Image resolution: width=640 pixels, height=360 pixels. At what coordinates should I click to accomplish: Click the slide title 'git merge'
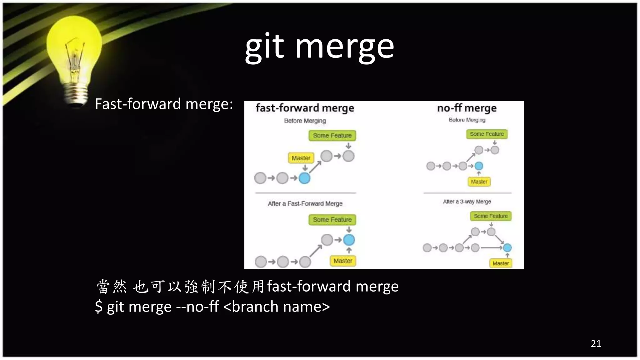(x=319, y=47)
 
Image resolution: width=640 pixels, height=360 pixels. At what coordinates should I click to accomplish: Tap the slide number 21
(x=596, y=344)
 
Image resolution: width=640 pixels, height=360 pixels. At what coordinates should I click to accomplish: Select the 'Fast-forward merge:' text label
(x=164, y=104)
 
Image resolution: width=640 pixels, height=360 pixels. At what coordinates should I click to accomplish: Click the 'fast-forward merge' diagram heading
(x=305, y=108)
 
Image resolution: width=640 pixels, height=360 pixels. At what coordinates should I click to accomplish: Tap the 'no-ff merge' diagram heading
(x=467, y=108)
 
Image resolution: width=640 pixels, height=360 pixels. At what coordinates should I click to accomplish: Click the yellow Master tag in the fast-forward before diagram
(x=301, y=158)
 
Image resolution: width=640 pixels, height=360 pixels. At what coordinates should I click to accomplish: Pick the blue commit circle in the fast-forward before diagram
(x=304, y=178)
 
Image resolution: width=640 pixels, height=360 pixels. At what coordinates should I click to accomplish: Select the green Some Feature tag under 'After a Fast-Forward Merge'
(x=332, y=220)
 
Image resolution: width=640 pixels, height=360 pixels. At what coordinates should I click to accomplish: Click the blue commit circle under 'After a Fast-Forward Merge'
(x=349, y=240)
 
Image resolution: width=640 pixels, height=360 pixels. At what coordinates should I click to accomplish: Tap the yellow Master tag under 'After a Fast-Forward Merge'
(x=342, y=261)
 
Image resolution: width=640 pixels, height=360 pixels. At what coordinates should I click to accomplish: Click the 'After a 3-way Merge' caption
(x=467, y=202)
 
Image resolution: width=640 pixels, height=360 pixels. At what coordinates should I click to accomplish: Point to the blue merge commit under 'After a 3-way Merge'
(x=507, y=248)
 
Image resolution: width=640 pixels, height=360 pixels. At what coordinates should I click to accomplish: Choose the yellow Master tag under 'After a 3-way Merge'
(x=501, y=263)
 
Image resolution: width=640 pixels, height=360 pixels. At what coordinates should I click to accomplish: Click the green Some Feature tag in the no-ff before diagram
(x=487, y=134)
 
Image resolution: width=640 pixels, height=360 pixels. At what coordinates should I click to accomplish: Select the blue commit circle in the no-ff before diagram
(x=479, y=166)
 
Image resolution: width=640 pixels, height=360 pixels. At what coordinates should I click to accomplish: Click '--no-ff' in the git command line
(x=197, y=307)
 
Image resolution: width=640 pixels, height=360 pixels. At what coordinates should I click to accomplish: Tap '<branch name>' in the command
(x=277, y=307)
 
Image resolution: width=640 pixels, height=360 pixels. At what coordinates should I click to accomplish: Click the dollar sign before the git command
(x=99, y=307)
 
